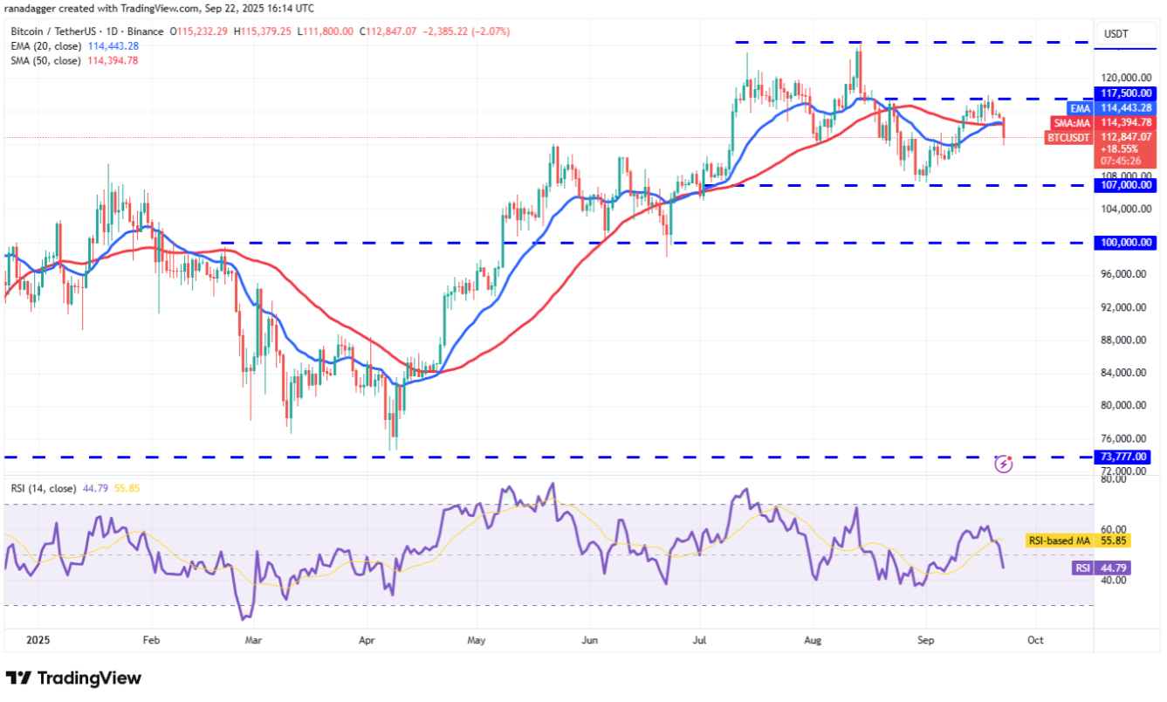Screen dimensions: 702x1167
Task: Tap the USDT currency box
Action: click(1116, 34)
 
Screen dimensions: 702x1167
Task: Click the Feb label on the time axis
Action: click(151, 639)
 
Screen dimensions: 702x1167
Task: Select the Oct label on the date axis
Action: click(1035, 639)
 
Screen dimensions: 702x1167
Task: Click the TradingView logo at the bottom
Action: click(73, 678)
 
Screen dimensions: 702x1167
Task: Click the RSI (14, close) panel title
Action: click(45, 487)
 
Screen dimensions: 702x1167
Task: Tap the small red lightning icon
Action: click(1004, 464)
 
